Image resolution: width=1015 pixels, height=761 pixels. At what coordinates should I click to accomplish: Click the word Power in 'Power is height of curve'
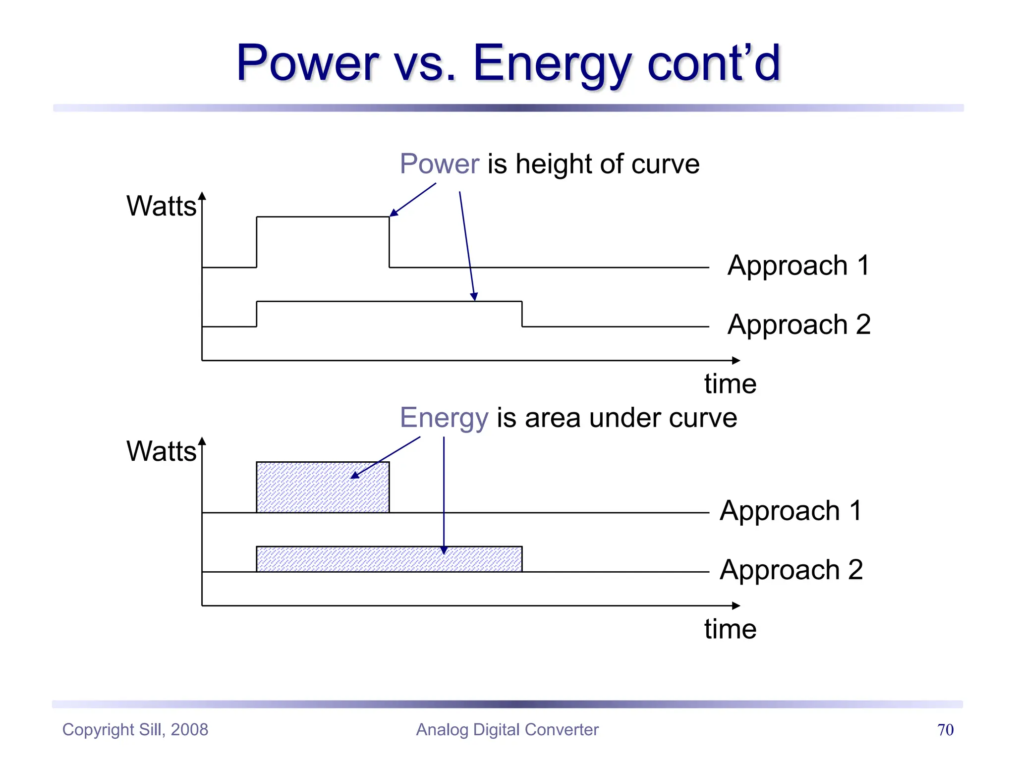(439, 164)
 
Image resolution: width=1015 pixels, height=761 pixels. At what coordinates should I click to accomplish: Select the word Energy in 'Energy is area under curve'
(444, 418)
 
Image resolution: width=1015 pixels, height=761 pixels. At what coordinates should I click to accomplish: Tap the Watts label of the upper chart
(161, 206)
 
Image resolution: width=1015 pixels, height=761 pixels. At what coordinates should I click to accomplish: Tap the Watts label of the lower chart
(161, 451)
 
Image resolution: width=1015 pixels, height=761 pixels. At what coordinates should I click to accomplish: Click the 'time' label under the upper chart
(730, 384)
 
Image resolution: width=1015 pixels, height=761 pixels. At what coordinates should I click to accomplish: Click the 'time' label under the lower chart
(730, 629)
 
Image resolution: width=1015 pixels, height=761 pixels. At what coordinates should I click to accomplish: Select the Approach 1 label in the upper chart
(798, 266)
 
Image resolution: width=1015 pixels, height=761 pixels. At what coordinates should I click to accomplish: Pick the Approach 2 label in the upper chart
(798, 325)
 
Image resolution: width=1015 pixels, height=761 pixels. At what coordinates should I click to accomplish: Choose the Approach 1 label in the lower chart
(791, 511)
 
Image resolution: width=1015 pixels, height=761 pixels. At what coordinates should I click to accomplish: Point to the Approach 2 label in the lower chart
(791, 570)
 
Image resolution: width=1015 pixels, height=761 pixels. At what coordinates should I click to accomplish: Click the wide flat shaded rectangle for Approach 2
(389, 559)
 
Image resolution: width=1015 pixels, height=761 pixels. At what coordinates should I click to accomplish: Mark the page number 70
(945, 730)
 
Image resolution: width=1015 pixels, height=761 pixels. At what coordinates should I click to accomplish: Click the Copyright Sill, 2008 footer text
(135, 730)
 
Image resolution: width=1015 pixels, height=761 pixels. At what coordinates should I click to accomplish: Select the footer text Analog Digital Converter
(507, 730)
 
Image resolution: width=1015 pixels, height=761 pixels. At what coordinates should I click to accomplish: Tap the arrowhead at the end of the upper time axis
(736, 361)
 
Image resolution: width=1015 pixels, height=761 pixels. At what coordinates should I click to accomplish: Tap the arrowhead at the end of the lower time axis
(736, 605)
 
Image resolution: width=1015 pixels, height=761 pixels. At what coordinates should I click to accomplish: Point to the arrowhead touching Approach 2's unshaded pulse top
(474, 297)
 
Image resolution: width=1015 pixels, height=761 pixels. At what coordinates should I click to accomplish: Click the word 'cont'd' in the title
(714, 64)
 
